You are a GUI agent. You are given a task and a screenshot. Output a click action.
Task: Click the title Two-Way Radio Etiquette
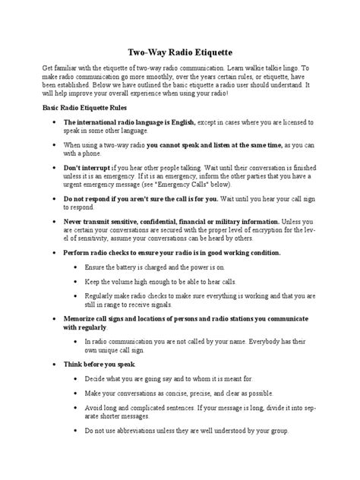coord(180,48)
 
